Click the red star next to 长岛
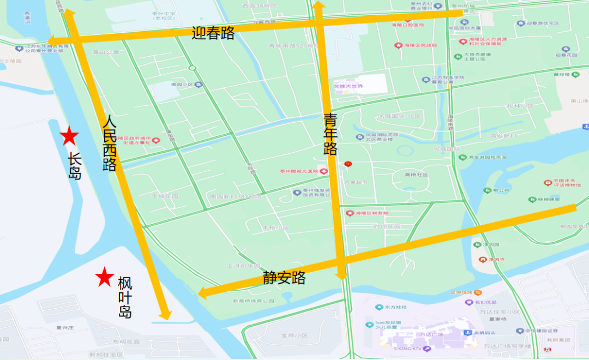click(x=69, y=136)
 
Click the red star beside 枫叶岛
click(x=104, y=277)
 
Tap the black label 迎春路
click(x=213, y=33)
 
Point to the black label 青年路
click(x=330, y=134)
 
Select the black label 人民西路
click(x=110, y=143)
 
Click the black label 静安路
click(x=284, y=278)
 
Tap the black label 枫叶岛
click(x=125, y=298)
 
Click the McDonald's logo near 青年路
click(x=347, y=164)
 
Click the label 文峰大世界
click(x=348, y=86)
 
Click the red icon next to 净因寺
click(x=482, y=259)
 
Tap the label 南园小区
click(x=179, y=85)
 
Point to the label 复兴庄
click(x=65, y=328)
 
